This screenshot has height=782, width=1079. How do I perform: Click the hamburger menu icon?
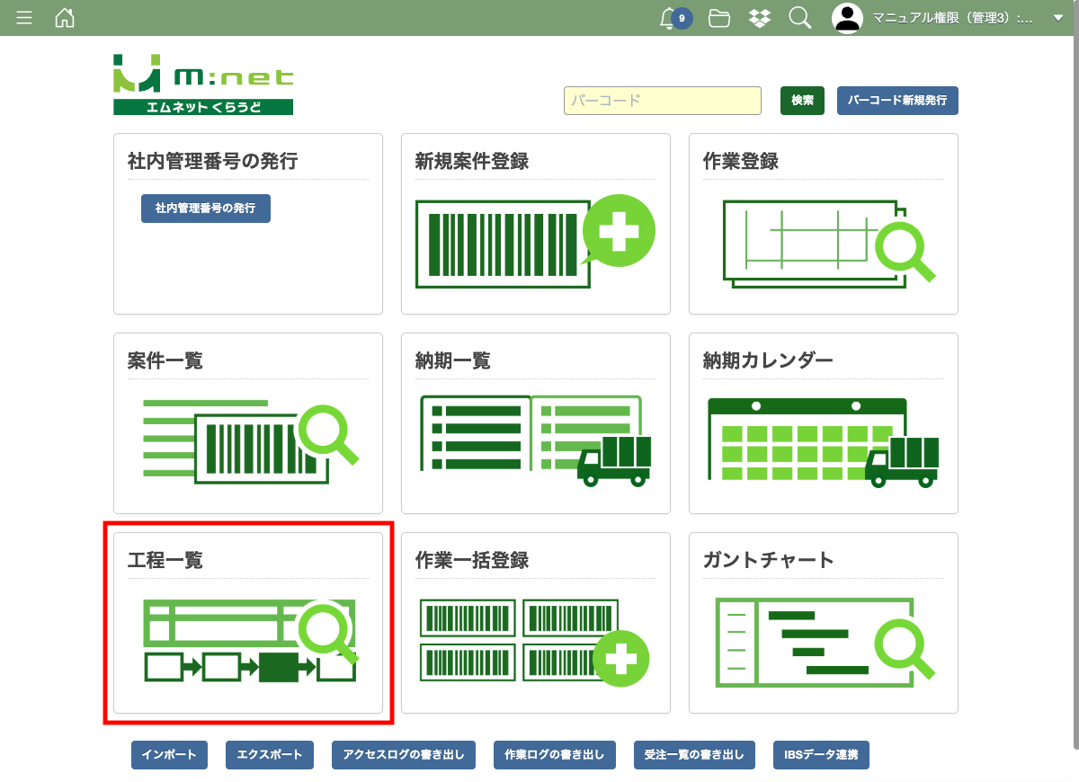point(24,18)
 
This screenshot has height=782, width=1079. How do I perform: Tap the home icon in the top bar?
point(65,18)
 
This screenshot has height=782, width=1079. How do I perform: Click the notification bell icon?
point(667,19)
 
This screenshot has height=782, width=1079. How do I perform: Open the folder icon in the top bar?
point(718,18)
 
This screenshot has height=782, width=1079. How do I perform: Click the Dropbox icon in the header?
point(760,18)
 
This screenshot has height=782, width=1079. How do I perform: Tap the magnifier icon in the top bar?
point(799,18)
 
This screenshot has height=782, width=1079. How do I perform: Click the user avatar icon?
point(847,18)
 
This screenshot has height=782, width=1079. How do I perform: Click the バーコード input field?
point(663,101)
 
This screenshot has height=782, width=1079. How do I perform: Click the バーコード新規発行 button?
point(897,101)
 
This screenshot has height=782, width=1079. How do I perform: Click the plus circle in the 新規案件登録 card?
point(619,231)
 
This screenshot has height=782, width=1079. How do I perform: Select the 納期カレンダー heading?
point(768,360)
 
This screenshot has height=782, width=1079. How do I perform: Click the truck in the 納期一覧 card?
point(614,461)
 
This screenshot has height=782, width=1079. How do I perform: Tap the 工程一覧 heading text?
point(165,560)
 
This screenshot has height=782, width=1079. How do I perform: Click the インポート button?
point(170,754)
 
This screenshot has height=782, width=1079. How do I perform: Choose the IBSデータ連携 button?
point(821,754)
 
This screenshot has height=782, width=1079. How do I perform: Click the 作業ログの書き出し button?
point(555,754)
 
